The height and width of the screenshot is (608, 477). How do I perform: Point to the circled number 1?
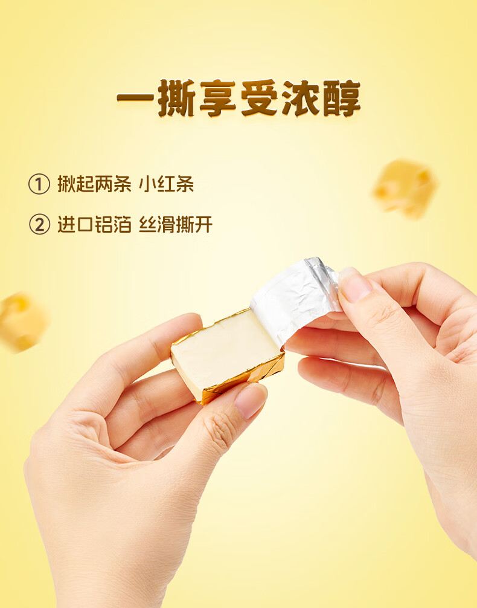click(39, 184)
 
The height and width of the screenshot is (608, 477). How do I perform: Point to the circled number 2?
click(39, 225)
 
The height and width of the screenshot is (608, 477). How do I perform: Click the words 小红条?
click(166, 184)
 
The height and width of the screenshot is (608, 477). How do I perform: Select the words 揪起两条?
click(94, 184)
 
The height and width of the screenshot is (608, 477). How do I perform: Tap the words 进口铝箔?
click(94, 225)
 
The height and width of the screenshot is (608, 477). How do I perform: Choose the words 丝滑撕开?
click(176, 225)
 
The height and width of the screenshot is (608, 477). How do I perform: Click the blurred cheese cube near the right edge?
click(405, 187)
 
